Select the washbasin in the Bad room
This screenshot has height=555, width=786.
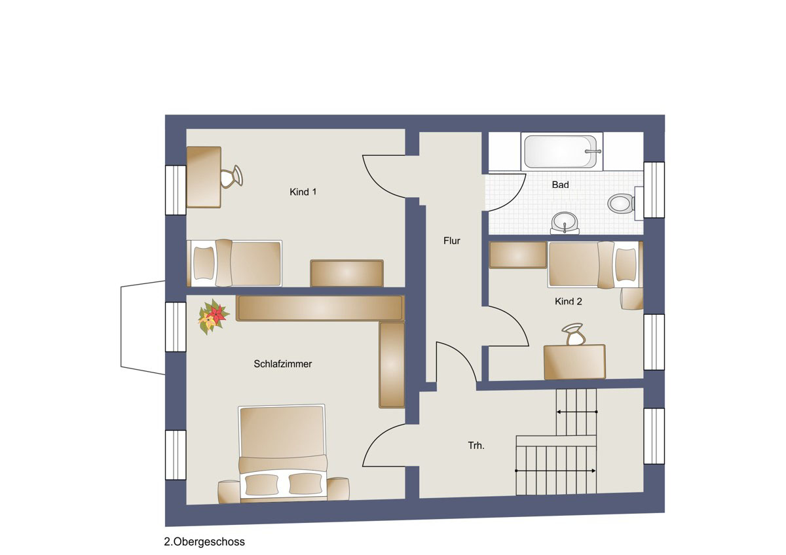click(x=565, y=223)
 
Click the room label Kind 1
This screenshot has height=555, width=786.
click(x=303, y=192)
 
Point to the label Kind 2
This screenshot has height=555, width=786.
click(x=568, y=301)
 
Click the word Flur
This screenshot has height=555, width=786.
click(x=451, y=240)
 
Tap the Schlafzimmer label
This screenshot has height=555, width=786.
click(x=283, y=364)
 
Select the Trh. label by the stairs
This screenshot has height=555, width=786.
click(x=476, y=446)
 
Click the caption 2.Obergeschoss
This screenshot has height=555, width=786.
click(x=204, y=542)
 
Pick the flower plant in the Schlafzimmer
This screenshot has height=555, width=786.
click(x=213, y=317)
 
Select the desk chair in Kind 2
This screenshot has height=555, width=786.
click(x=574, y=334)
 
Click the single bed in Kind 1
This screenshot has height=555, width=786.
click(x=234, y=263)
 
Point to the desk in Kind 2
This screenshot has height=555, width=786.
click(x=574, y=362)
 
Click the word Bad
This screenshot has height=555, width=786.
click(x=560, y=185)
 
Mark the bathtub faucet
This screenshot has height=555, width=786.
click(x=593, y=151)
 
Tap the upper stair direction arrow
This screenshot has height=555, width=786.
click(x=577, y=412)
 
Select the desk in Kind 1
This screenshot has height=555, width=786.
click(x=204, y=177)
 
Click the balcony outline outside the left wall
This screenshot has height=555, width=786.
click(x=121, y=327)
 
